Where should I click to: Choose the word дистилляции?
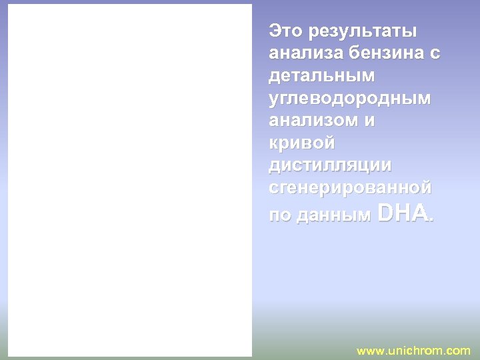tap(330, 166)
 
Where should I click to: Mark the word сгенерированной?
tap(350, 189)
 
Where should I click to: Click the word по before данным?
tap(279, 215)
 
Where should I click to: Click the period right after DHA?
tap(431, 219)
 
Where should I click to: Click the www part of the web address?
tap(371, 351)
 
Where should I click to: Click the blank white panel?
tap(131, 180)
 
